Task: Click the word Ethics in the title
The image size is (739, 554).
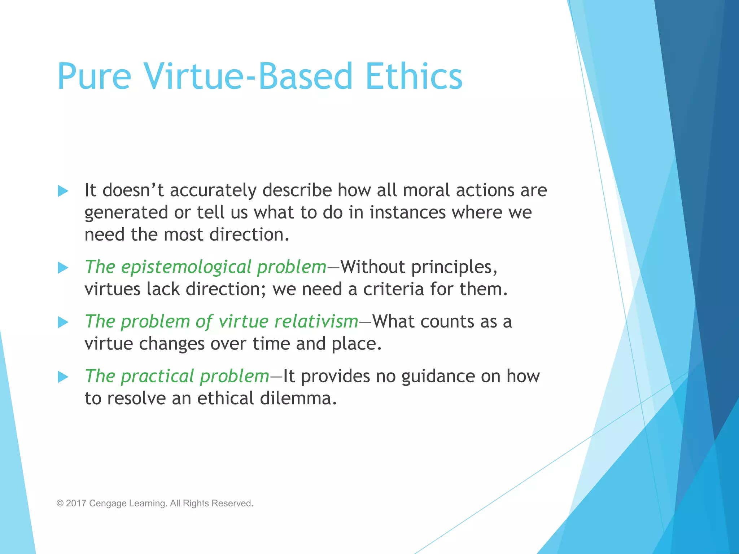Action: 414,76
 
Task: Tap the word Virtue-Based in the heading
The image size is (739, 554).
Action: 248,76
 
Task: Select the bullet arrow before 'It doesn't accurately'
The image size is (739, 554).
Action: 63,191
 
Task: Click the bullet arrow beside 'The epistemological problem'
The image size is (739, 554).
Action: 63,268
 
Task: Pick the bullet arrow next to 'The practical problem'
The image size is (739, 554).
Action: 63,377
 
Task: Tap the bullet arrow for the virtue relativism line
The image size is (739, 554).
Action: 63,322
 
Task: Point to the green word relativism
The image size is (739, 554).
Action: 316,321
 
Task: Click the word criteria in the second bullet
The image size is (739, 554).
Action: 393,289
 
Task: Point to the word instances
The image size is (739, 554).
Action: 407,212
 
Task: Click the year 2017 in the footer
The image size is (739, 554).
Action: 76,503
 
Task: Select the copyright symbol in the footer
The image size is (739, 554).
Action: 60,503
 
